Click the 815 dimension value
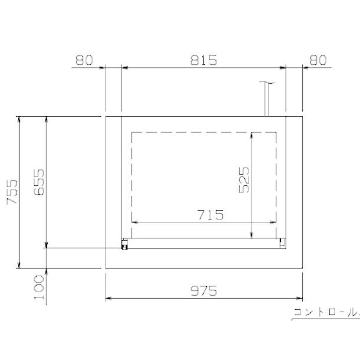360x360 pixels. (x=204, y=60)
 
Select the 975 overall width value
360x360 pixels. (x=204, y=291)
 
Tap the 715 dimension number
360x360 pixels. (x=211, y=215)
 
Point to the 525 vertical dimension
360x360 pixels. (x=244, y=180)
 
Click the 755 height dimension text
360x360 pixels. (x=12, y=192)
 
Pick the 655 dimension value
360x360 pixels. (x=38, y=182)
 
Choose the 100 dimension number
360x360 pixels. (x=38, y=287)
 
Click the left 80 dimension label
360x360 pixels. (x=84, y=60)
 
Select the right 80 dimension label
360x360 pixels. (x=318, y=60)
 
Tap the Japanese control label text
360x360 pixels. (x=326, y=312)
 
